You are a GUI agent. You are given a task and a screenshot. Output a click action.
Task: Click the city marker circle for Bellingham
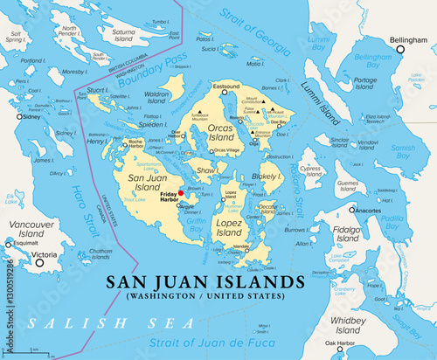401,50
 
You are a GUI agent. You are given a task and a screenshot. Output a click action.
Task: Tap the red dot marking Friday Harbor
180,193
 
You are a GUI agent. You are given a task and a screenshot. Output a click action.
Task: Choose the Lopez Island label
229,228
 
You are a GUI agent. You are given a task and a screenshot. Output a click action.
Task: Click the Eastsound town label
225,87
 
